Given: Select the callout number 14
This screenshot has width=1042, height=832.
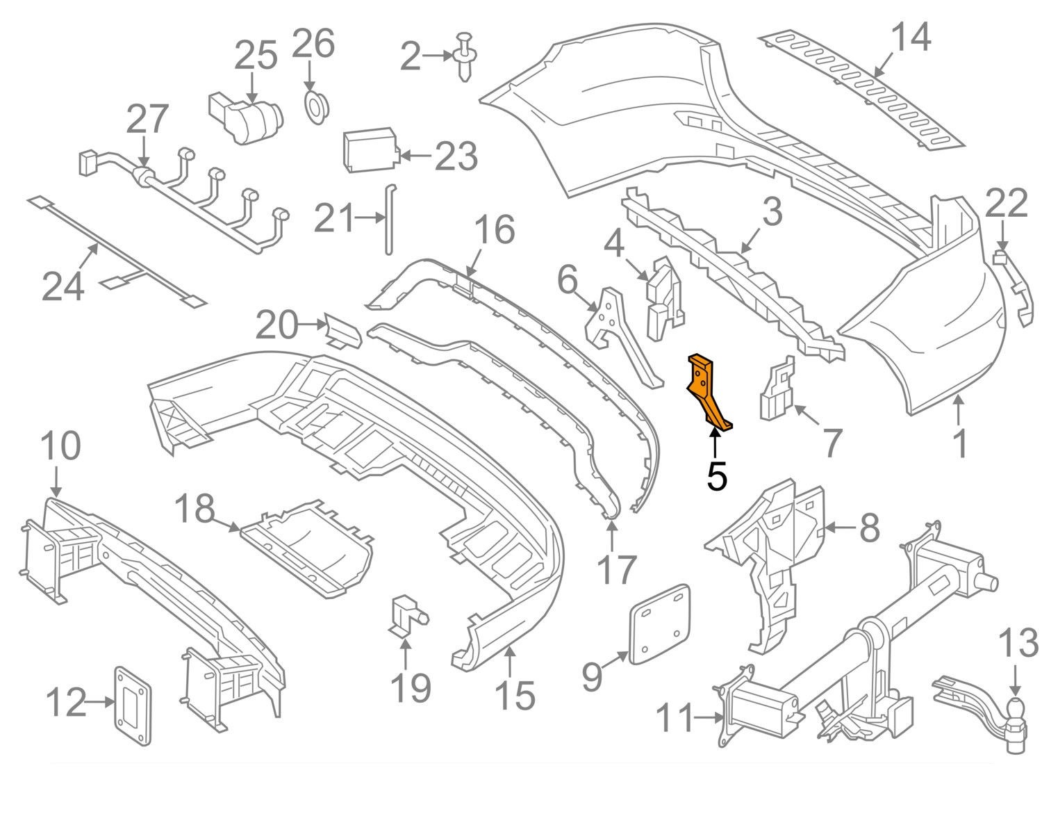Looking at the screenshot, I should click(911, 38).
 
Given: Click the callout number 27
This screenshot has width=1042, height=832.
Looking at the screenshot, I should click(147, 119).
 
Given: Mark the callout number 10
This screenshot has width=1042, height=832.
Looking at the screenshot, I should click(61, 447).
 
